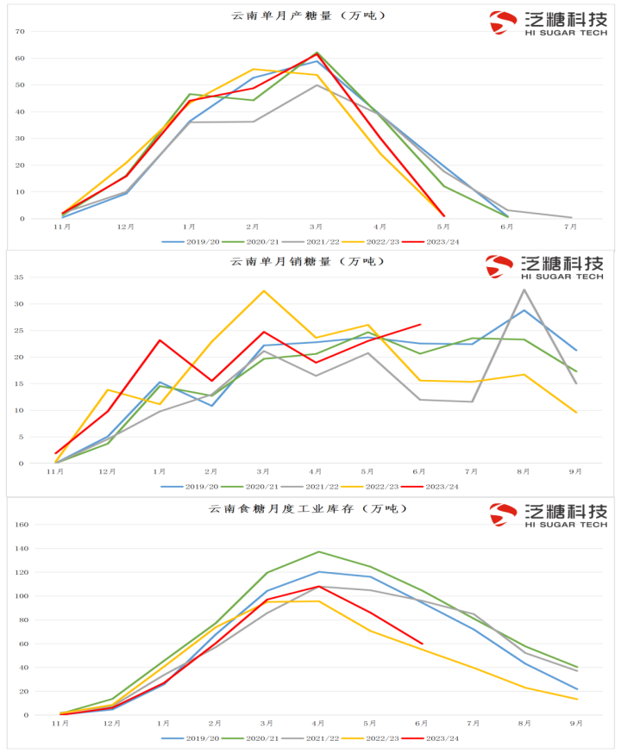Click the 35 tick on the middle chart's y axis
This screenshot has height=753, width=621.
pyautogui.click(x=20, y=277)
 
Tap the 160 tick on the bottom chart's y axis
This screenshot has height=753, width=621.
pyautogui.click(x=22, y=525)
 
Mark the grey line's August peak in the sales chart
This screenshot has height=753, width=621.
pyautogui.click(x=524, y=289)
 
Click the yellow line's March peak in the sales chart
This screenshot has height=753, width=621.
pyautogui.click(x=264, y=291)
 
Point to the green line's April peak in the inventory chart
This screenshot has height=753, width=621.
pyautogui.click(x=318, y=551)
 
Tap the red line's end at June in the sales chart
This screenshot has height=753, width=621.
pyautogui.click(x=420, y=325)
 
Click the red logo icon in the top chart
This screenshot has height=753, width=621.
pyautogui.click(x=502, y=22)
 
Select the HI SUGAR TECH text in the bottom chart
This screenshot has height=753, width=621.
pyautogui.click(x=564, y=524)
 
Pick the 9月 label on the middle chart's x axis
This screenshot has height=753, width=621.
pyautogui.click(x=575, y=472)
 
